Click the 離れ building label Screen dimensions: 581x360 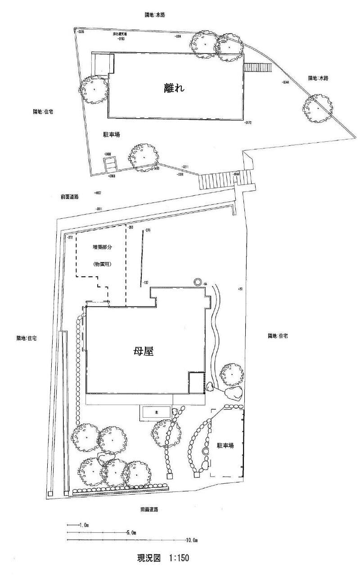tap(175, 88)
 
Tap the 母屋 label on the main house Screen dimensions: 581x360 tap(144, 351)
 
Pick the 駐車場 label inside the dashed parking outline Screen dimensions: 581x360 tap(225, 446)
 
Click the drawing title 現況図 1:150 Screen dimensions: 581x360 tap(162, 558)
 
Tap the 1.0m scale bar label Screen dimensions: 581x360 tap(84, 525)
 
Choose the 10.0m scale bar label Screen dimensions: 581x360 tap(192, 540)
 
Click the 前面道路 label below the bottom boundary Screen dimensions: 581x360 tap(149, 509)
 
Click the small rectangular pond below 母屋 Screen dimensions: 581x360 tap(156, 412)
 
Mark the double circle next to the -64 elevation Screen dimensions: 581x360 tap(197, 282)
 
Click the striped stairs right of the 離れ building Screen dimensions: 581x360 tap(258, 68)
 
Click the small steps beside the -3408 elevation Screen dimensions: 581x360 tap(111, 164)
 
